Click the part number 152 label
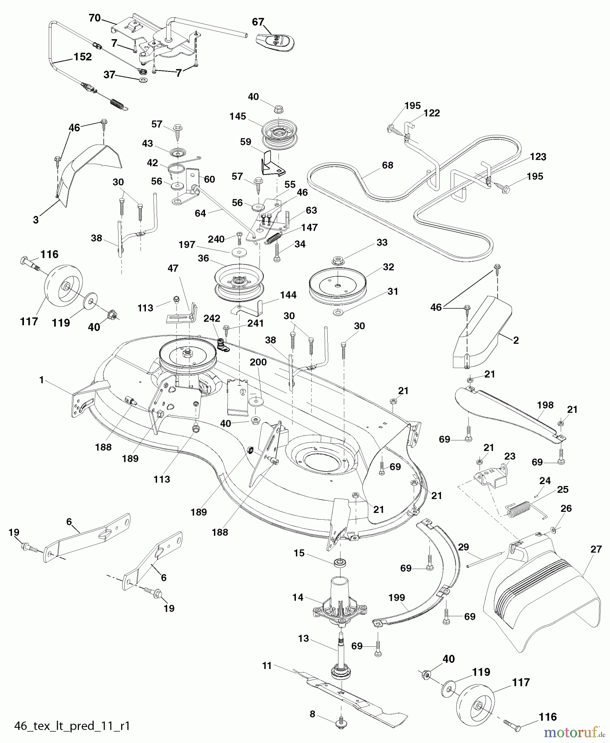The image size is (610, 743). [x=82, y=57]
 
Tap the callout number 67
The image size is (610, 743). [x=258, y=21]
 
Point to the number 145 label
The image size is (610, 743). [x=238, y=116]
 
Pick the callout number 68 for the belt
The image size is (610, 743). [x=387, y=165]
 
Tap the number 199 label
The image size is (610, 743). [x=397, y=597]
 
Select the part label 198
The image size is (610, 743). [x=545, y=405]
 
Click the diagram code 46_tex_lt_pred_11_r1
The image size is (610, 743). [x=72, y=726]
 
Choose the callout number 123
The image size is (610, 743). [x=538, y=157]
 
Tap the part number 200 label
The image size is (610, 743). [x=258, y=362]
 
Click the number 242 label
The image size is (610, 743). [x=212, y=318]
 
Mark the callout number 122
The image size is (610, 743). [x=431, y=113]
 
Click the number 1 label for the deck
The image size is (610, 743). [x=41, y=380]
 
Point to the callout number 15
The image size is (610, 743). [x=299, y=553]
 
